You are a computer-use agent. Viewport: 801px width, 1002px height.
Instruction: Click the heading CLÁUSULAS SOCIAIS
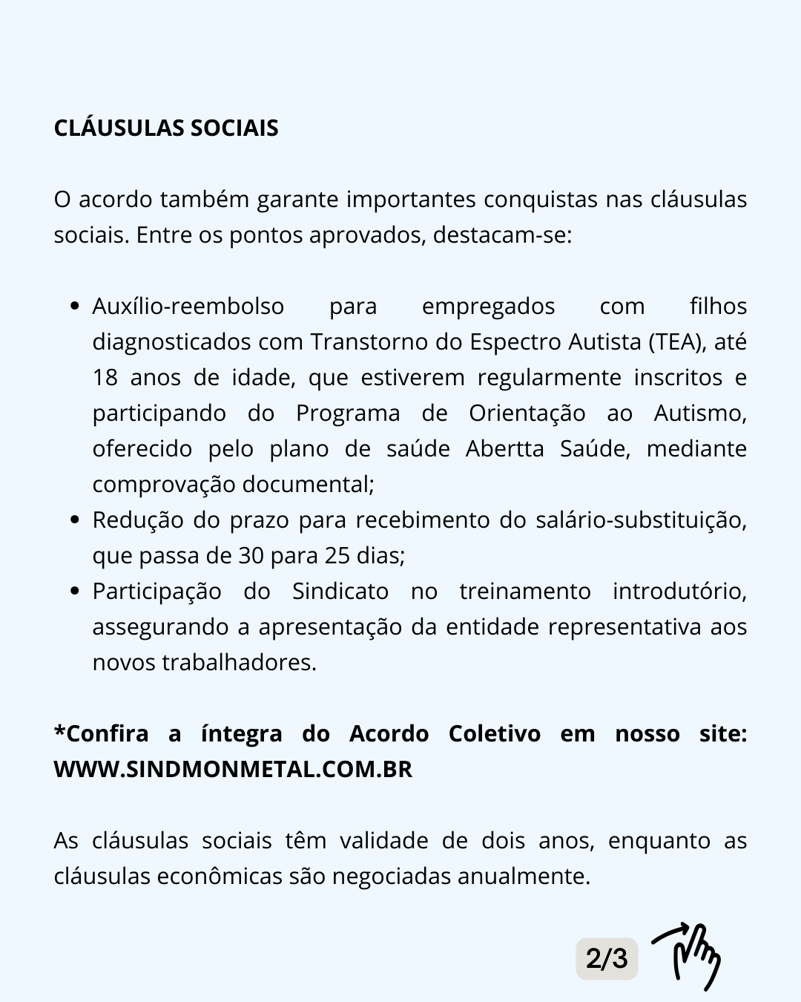pos(166,128)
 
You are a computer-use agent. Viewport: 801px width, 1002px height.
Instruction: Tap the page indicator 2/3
pos(607,958)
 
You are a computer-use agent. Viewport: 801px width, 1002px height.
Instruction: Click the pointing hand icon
pos(688,957)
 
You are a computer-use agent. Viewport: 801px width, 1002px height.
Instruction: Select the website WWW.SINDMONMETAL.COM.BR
pos(233,769)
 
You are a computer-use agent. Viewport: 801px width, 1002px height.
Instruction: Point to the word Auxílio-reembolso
pos(188,306)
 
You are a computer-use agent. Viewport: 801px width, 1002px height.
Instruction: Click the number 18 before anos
pos(105,377)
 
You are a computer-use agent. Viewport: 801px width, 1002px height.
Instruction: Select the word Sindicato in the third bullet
pos(340,591)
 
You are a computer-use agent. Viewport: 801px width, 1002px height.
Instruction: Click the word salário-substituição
pos(641,520)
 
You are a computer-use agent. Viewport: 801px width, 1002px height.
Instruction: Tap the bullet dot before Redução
pos(74,520)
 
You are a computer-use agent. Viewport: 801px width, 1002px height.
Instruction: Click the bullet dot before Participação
pos(74,592)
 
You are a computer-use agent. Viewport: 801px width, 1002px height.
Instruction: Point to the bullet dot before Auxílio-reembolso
pos(74,307)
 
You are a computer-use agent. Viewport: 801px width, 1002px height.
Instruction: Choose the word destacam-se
pos(502,235)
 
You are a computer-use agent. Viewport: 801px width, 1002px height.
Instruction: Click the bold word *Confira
pos(102,733)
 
